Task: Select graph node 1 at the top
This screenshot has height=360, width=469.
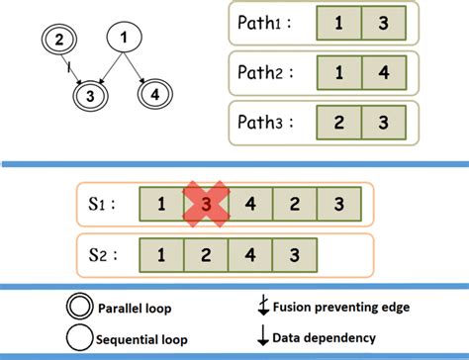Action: (x=124, y=39)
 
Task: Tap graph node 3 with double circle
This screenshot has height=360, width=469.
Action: (x=92, y=97)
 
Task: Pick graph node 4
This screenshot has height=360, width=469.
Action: (x=155, y=97)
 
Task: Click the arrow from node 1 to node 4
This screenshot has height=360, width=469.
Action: (x=140, y=68)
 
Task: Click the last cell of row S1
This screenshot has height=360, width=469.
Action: (x=340, y=207)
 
